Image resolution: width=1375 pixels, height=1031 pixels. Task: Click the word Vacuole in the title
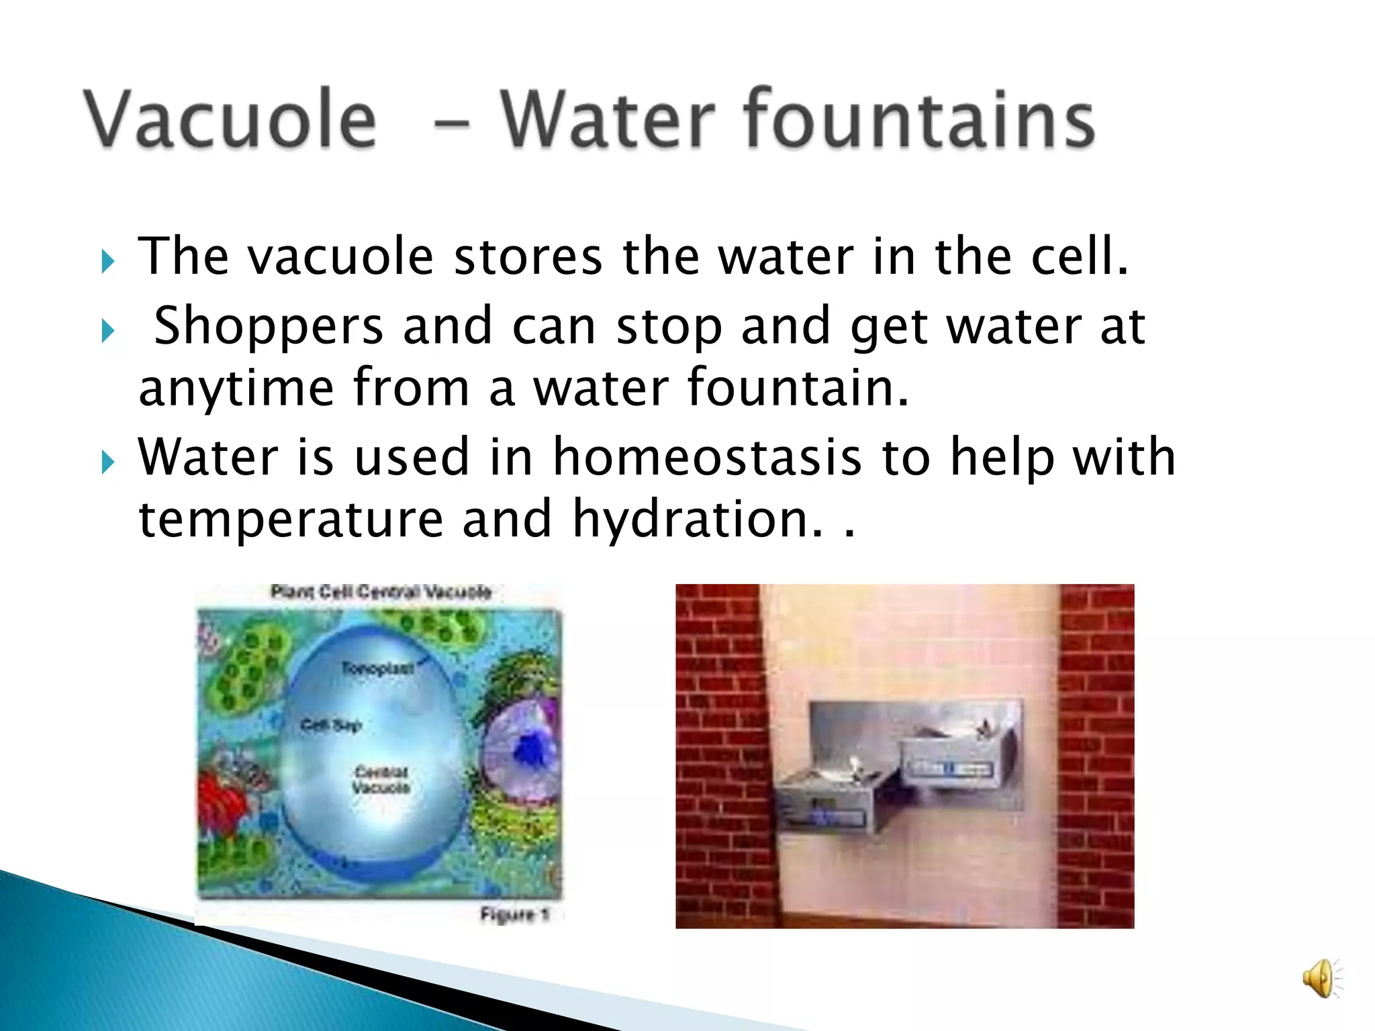coord(230,119)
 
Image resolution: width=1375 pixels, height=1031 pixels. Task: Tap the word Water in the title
coord(610,119)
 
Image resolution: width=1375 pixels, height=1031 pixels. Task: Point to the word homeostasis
coord(707,458)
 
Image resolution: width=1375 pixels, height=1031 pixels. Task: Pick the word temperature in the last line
coord(290,521)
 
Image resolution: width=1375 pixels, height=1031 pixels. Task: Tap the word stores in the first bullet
coord(528,258)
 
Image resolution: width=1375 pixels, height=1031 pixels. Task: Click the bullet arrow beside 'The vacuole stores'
coord(108,261)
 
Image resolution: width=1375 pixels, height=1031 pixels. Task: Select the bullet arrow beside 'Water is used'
coord(108,462)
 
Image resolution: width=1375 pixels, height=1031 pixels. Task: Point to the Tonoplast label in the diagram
coord(377,669)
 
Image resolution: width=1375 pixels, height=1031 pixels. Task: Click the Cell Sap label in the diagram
coord(331,725)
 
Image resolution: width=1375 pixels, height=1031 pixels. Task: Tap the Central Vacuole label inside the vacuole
coord(381,780)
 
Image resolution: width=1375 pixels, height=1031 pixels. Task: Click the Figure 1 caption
coord(514,914)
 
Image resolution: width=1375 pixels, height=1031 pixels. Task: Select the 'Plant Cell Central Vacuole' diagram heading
coord(381,592)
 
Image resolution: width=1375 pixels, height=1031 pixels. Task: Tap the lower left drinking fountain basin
coord(833,799)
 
